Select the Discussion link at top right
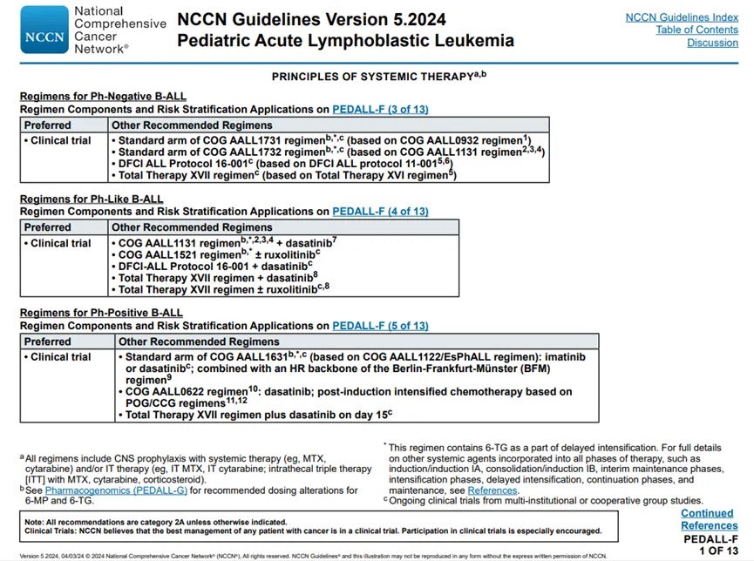pos(712,44)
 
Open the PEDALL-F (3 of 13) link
pos(380,110)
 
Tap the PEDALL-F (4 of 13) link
pos(380,212)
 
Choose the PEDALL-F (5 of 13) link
pos(380,326)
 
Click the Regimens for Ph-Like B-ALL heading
pos(92,199)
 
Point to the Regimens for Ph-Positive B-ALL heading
pos(101,313)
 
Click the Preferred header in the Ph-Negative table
pos(48,125)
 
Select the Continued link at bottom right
pos(707,514)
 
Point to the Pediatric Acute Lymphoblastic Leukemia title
pos(345,40)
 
